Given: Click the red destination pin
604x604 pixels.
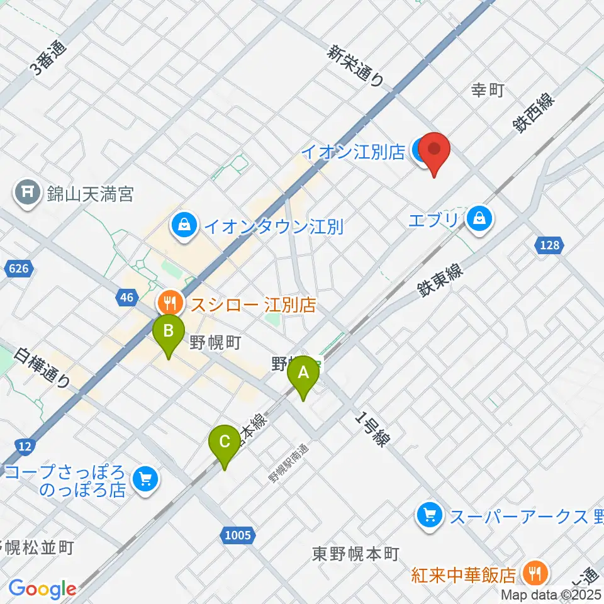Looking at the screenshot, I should (x=435, y=152).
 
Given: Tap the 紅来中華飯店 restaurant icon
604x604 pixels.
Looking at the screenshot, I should (x=535, y=574).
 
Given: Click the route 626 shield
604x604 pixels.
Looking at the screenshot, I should (x=19, y=269).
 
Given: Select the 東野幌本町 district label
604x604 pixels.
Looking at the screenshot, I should (x=356, y=554).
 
